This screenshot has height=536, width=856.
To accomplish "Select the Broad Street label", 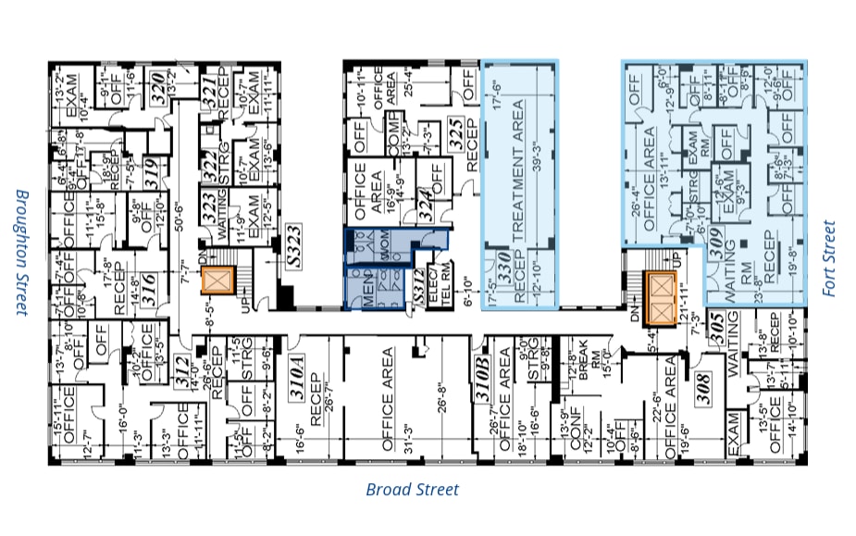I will click(x=412, y=490).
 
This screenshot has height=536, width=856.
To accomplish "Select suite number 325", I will click(x=455, y=135).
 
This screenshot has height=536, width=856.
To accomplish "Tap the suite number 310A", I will click(x=298, y=381).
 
